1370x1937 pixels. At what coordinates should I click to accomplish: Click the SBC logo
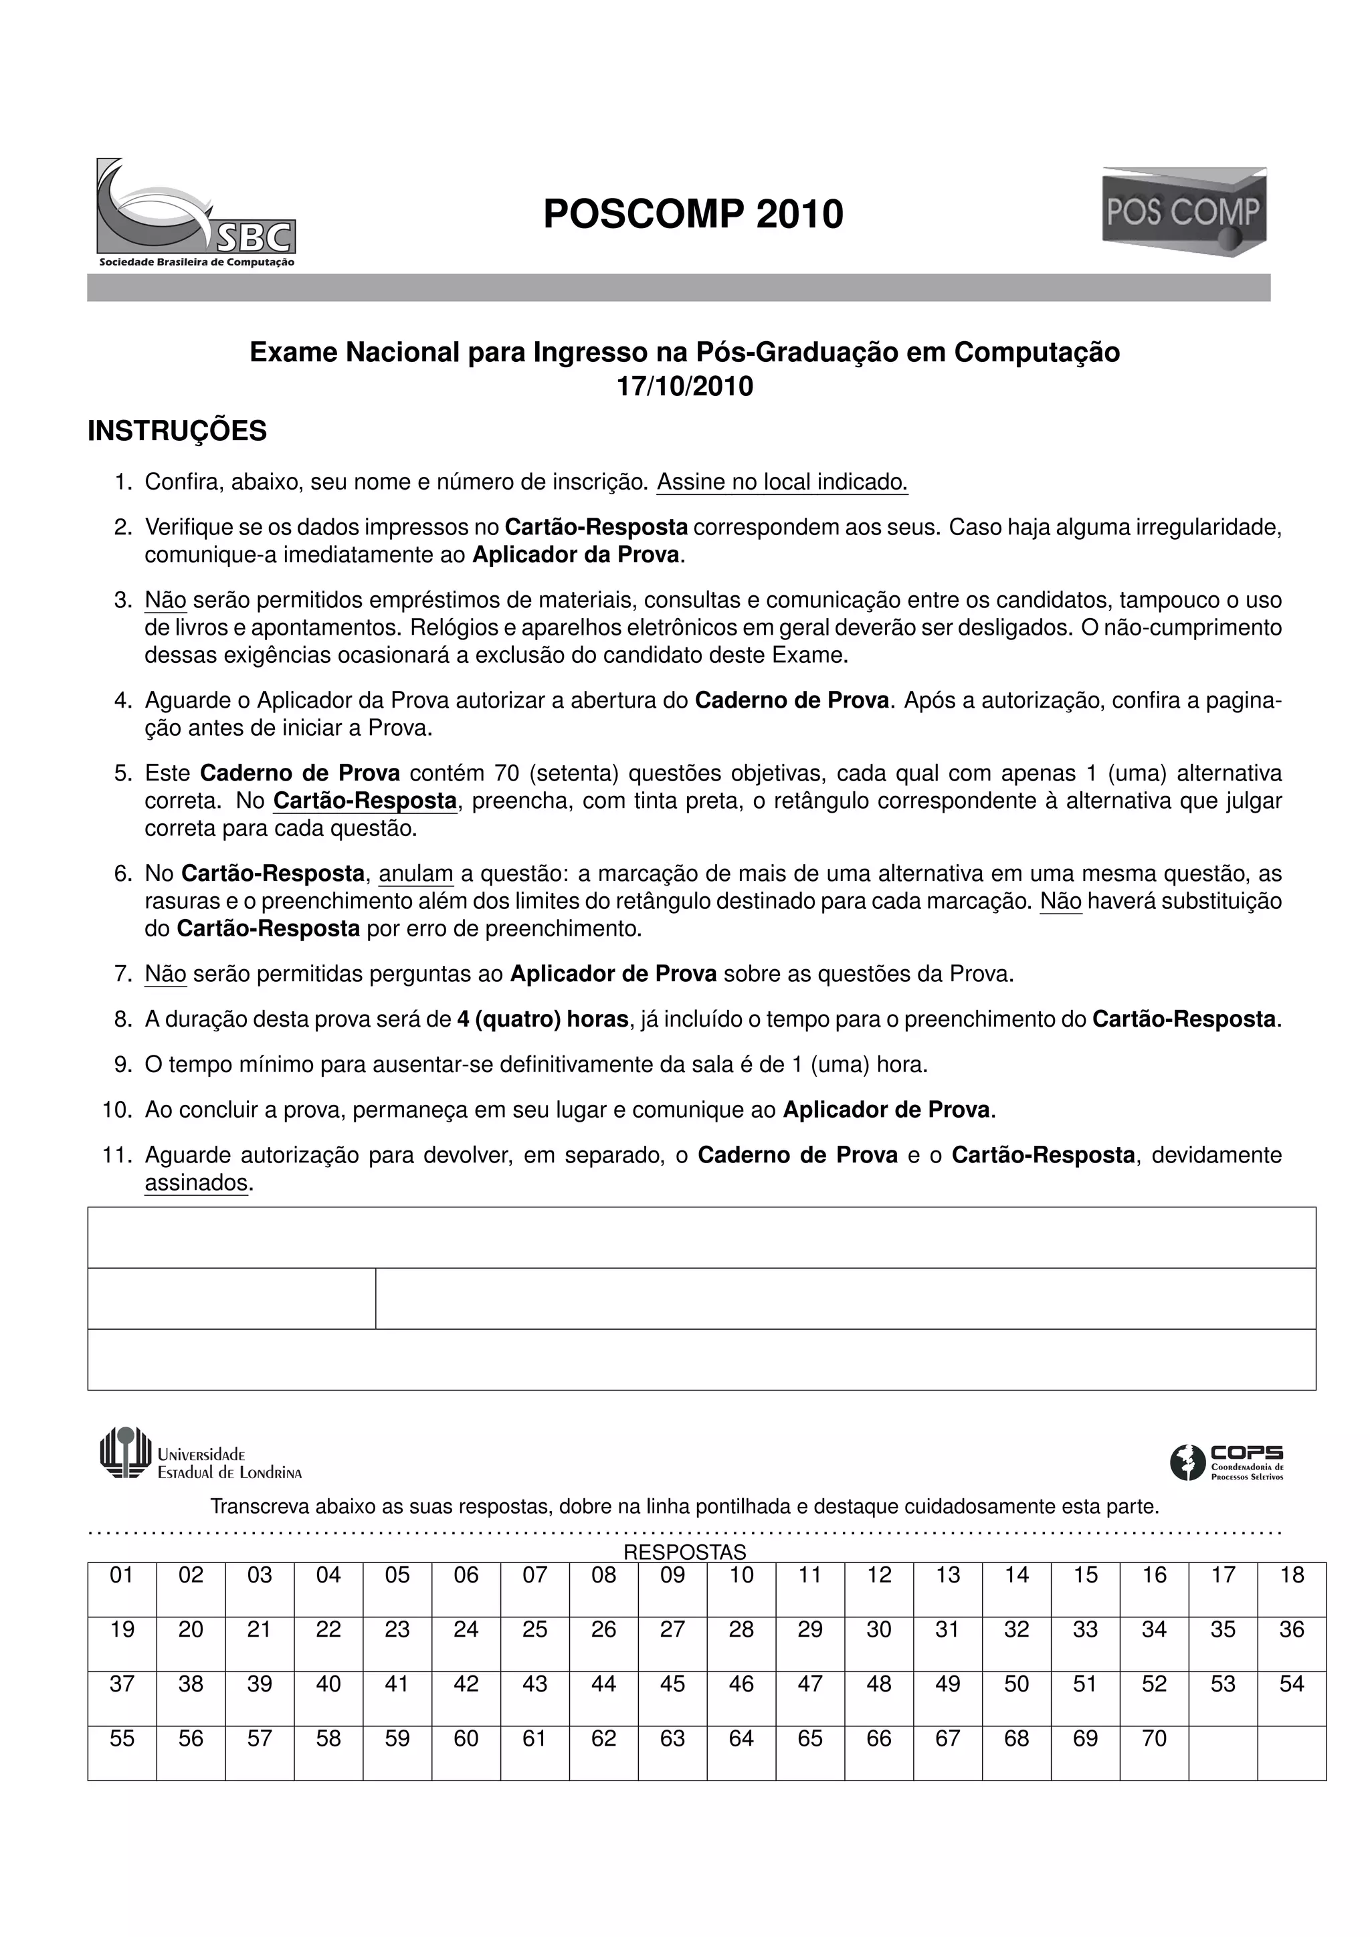196,212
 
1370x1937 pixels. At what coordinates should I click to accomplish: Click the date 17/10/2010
685,387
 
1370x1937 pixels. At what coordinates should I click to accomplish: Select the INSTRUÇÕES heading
177,431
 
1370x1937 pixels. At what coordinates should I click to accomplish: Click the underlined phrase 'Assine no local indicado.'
782,482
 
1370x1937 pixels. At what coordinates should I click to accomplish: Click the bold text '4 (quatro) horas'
543,1019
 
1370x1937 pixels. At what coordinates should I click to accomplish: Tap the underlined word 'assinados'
197,1183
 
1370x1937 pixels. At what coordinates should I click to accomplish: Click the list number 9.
122,1065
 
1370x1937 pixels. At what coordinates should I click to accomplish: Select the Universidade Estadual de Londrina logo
200,1453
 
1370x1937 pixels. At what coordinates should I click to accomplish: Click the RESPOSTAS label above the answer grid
684,1552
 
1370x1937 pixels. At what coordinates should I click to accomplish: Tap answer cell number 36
1292,1644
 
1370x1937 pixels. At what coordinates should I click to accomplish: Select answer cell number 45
672,1698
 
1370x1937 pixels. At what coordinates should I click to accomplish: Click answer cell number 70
1154,1753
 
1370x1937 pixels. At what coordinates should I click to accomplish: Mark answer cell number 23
397,1644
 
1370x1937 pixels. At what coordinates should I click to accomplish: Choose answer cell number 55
122,1753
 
